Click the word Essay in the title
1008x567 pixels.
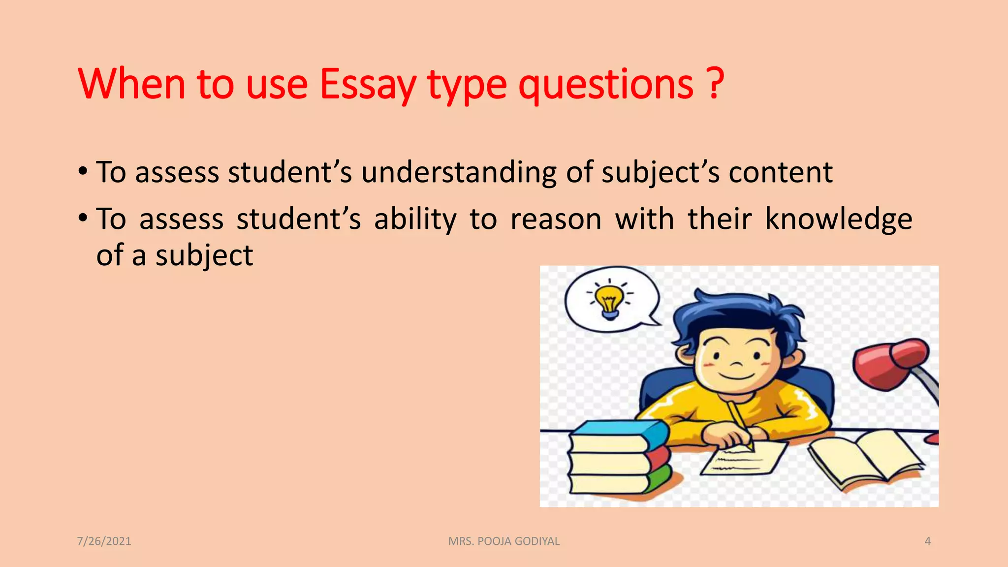pyautogui.click(x=368, y=85)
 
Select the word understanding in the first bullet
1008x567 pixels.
pyautogui.click(x=459, y=173)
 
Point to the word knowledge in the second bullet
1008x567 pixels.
pyautogui.click(x=838, y=219)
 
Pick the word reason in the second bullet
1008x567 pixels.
pyautogui.click(x=556, y=220)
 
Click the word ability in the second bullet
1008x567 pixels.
pyautogui.click(x=415, y=220)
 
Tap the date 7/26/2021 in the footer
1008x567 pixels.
pyautogui.click(x=104, y=541)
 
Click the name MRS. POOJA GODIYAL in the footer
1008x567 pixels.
pyautogui.click(x=504, y=541)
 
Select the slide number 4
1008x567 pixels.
pyautogui.click(x=927, y=541)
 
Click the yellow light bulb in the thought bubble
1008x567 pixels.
pyautogui.click(x=609, y=299)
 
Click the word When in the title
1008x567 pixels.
pyautogui.click(x=131, y=85)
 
